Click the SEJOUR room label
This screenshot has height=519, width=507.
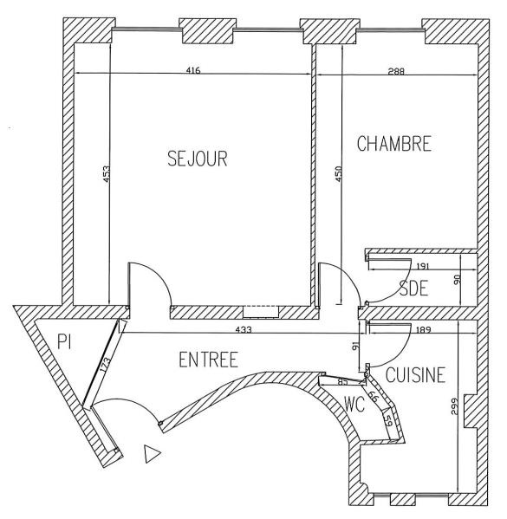(198, 159)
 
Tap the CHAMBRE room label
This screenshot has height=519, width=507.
(394, 144)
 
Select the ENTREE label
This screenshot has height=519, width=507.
(208, 360)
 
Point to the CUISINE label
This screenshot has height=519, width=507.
(415, 375)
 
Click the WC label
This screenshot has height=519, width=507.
(354, 404)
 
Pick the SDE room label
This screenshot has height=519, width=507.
(413, 288)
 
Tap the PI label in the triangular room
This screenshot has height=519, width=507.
(64, 341)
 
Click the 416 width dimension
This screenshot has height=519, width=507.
(193, 70)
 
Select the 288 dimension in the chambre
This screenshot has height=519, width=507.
(396, 71)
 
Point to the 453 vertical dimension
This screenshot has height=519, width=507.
(106, 174)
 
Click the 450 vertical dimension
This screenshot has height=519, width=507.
(339, 174)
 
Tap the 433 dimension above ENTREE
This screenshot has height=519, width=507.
(244, 329)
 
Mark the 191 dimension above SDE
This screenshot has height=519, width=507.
(423, 266)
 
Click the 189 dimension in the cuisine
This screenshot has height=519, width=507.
(423, 330)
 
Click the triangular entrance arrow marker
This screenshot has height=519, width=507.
(153, 453)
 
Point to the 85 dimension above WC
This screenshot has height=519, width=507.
(342, 381)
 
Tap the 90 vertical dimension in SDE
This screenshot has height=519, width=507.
(457, 280)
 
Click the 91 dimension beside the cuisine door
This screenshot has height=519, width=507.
(355, 347)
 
